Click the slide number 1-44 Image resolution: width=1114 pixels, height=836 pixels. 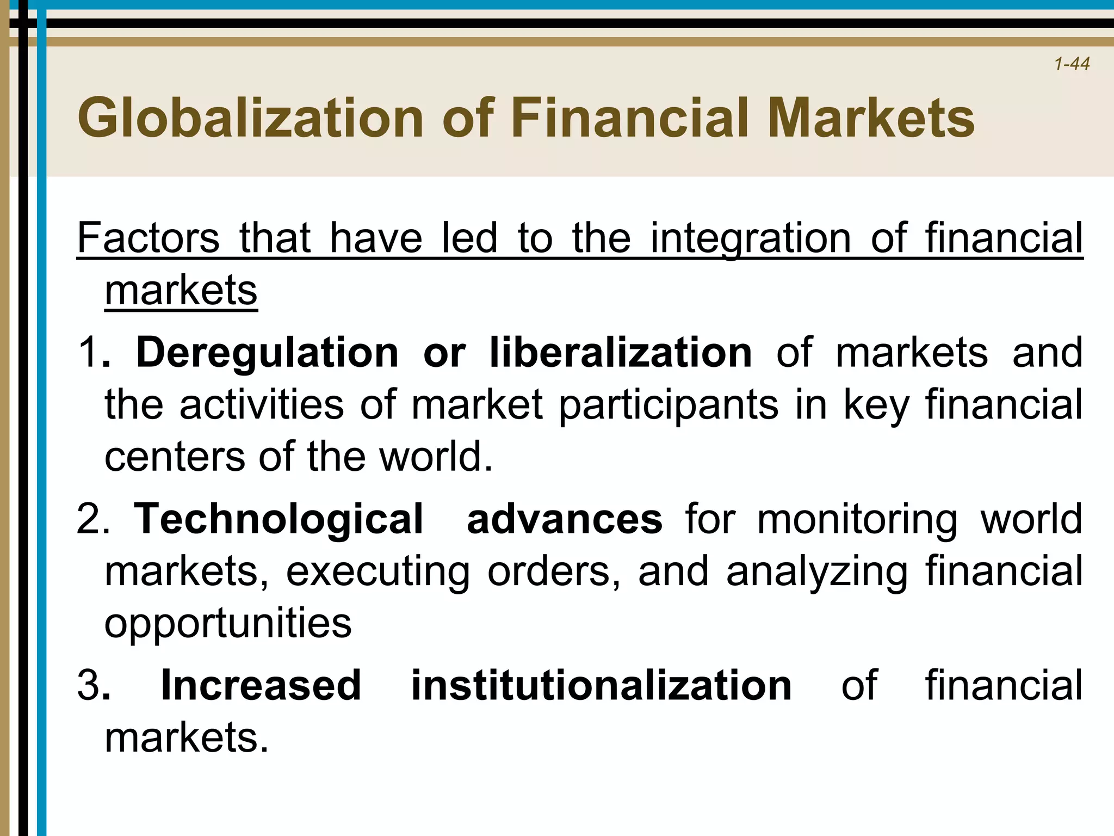pos(1071,64)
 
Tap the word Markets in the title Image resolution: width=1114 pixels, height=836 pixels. pos(871,118)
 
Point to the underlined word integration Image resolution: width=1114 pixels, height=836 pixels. pos(751,239)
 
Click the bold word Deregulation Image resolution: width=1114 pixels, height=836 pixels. pos(267,353)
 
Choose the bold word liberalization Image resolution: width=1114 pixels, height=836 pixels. pos(621,353)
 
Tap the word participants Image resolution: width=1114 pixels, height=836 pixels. pos(669,405)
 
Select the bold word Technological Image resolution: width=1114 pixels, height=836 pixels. pos(278,519)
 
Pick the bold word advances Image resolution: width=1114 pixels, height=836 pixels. pos(564,519)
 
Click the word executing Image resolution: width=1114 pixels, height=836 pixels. pos(378,572)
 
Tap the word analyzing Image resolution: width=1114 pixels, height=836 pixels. pos(816,572)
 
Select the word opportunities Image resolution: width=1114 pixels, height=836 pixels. pos(228,624)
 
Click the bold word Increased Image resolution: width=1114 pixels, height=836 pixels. pos(261,685)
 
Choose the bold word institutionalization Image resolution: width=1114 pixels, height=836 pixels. pos(601,685)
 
